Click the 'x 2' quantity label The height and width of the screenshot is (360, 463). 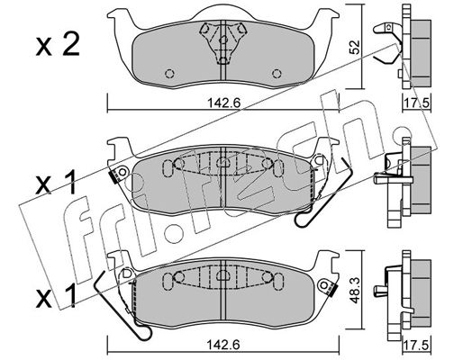point(58,45)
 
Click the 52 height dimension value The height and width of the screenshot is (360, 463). point(355,47)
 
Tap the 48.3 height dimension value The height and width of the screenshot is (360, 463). point(356,292)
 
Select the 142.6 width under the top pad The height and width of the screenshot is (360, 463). point(224,103)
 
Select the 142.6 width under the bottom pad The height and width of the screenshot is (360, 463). point(224,345)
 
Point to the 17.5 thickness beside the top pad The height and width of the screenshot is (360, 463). point(417,103)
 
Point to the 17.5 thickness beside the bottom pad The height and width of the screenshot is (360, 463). point(417,345)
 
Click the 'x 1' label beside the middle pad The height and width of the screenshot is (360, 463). point(56,185)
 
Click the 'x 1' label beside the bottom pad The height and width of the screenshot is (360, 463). point(56,296)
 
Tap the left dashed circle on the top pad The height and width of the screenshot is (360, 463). point(170,74)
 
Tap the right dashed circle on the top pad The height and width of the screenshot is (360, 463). point(277,74)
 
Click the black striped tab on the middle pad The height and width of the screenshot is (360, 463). point(114,176)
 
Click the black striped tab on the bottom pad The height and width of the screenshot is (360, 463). point(332,291)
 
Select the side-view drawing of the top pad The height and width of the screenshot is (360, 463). point(403,47)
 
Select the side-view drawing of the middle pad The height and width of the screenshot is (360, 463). point(403,183)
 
